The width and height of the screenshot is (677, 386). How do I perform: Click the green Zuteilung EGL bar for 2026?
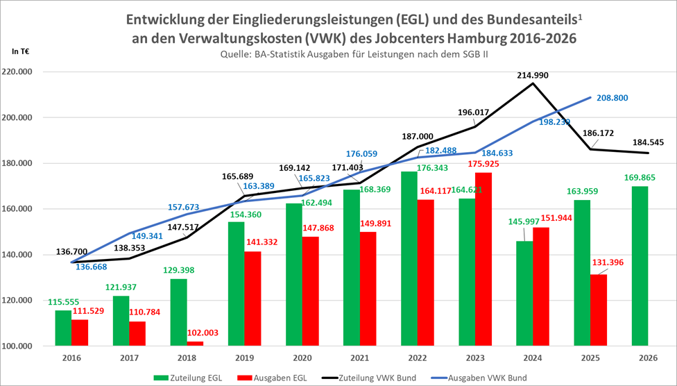[640, 266]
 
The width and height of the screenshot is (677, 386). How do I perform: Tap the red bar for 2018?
[195, 344]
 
